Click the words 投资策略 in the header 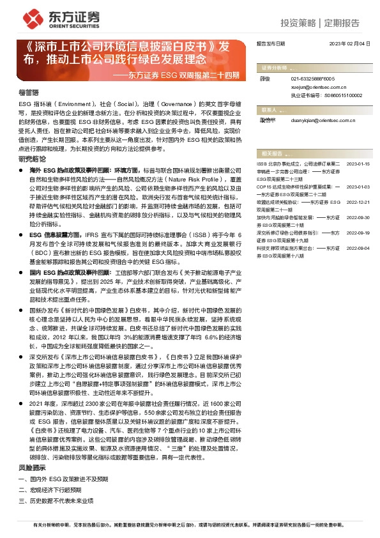tap(298, 23)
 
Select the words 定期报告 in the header tap(342, 23)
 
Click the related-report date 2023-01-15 tap(358, 164)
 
